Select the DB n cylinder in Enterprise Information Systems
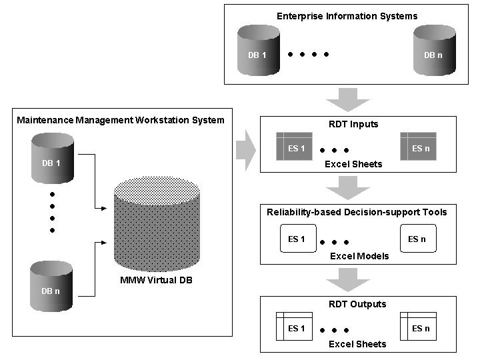pos(433,51)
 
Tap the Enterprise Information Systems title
pos(347,15)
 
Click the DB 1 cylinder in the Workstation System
pos(53,158)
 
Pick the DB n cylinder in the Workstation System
pos(53,287)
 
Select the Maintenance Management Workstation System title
pos(120,120)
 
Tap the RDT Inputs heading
pos(353,124)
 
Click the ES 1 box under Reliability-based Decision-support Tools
pos(297,239)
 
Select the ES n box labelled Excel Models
pos(418,239)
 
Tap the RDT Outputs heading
pos(357,304)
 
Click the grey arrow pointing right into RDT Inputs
pos(246,150)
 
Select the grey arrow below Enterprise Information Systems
pos(347,101)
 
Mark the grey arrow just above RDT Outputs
pos(347,280)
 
